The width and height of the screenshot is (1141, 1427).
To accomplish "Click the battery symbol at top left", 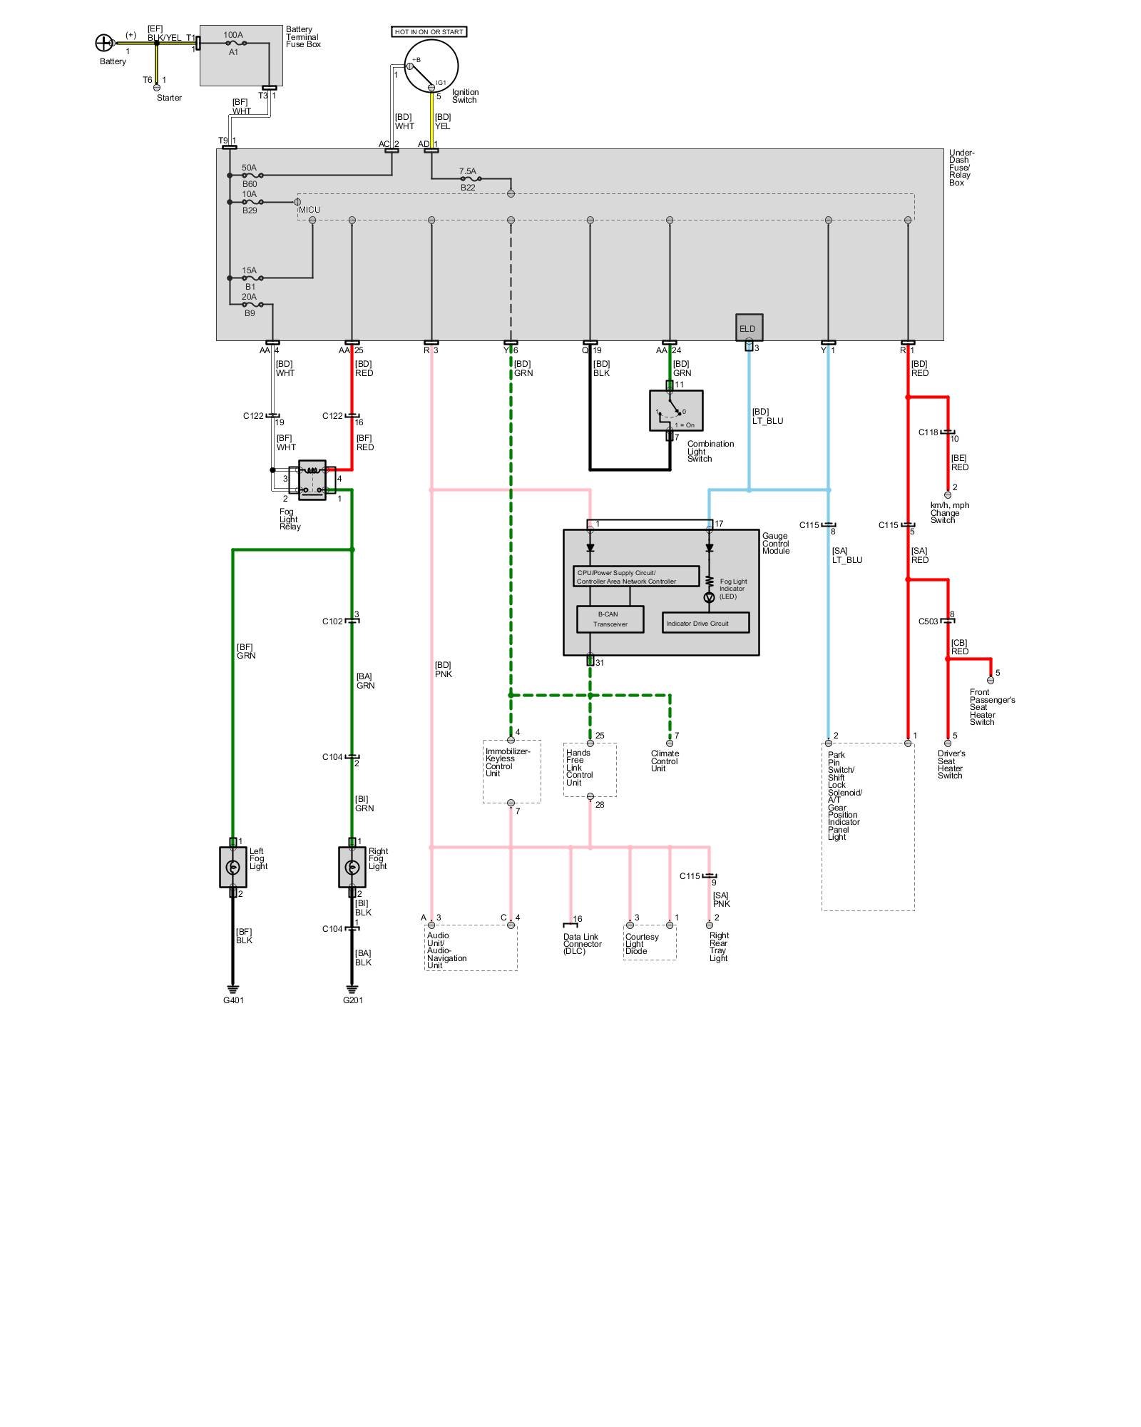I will click(104, 43).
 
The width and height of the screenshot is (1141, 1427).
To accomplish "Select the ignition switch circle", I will click(431, 65).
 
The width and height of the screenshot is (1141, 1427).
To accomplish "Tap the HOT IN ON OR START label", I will click(429, 32).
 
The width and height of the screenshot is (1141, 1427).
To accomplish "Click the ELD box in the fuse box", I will click(749, 328).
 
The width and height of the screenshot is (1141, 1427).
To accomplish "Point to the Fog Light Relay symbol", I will click(312, 479).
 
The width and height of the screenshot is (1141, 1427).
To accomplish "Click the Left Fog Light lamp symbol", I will click(232, 867).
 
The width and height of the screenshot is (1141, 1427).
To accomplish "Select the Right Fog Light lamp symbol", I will click(352, 867).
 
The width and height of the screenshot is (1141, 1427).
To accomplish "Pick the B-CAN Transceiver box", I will click(610, 619).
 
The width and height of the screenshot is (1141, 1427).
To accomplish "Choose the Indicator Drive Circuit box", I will click(705, 623).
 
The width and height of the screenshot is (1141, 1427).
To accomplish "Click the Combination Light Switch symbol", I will click(675, 411).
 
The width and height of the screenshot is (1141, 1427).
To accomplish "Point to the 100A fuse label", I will click(233, 35).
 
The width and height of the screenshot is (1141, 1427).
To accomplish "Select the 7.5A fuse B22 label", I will click(468, 171).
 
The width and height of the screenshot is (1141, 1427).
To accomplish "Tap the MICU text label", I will click(309, 210).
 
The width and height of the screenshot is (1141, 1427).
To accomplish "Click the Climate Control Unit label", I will click(665, 761).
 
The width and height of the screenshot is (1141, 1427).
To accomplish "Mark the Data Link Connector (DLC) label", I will click(582, 944).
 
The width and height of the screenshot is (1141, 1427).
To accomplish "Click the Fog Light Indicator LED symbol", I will click(709, 597).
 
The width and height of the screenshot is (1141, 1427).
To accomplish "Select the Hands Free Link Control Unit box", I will click(590, 770).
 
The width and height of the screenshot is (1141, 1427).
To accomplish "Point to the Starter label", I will click(169, 98).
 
